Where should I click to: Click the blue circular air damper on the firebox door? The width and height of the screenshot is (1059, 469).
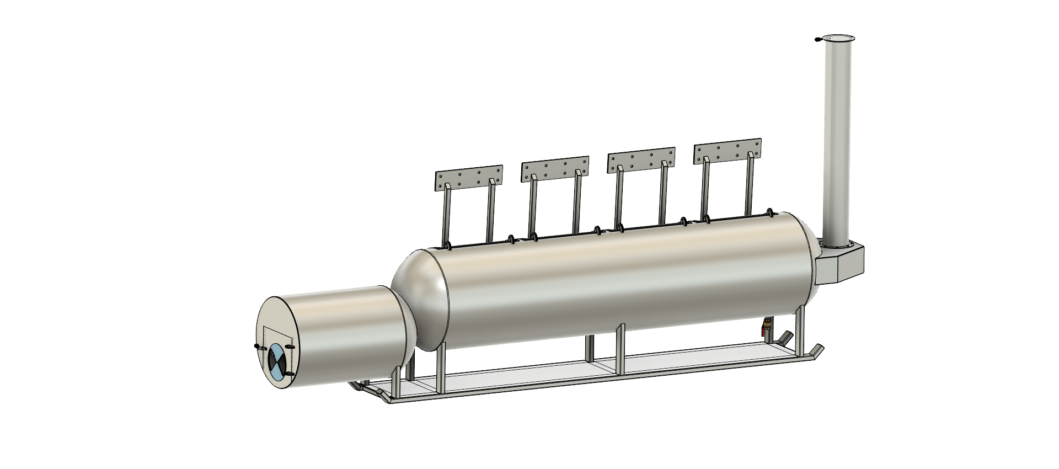[x=277, y=361]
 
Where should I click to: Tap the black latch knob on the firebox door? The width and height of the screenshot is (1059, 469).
[x=256, y=347]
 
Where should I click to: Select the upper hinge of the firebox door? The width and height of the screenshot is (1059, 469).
[x=290, y=347]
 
